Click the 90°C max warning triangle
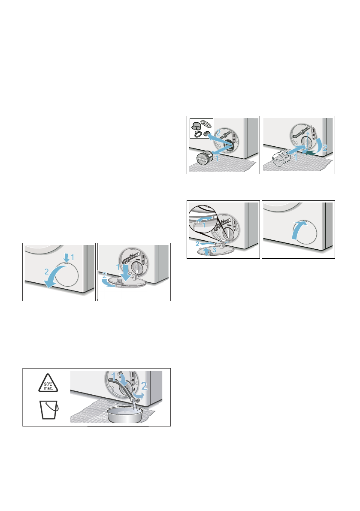[x=48, y=383]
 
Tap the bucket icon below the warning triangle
[x=49, y=410]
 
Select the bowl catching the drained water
[x=125, y=414]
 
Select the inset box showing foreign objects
[x=201, y=128]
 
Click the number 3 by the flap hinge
[x=215, y=250]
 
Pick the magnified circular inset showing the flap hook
[x=203, y=219]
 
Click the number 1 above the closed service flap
[x=73, y=257]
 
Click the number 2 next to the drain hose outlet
[x=144, y=386]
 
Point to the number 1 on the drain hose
[x=113, y=377]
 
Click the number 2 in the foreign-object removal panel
[x=218, y=133]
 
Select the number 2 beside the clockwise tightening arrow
[x=324, y=148]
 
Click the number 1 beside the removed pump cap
[x=217, y=159]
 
